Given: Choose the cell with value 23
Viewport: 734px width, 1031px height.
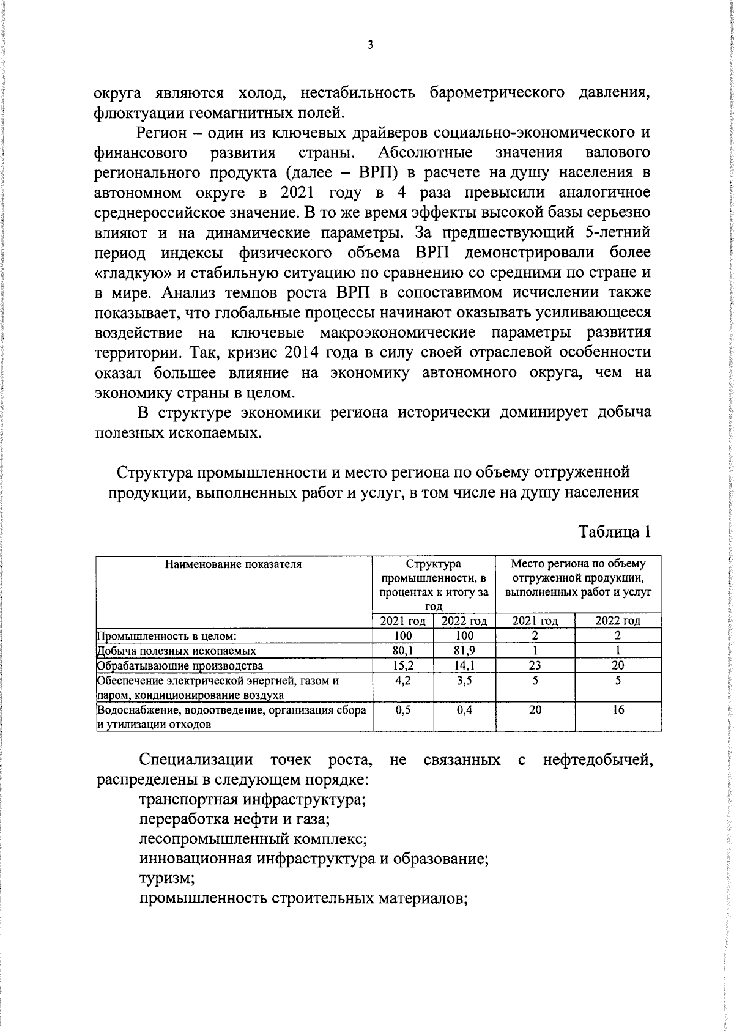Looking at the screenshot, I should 535,665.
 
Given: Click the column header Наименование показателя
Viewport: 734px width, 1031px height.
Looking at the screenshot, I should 233,564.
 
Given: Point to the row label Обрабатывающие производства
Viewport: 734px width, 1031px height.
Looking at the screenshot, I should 180,666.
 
